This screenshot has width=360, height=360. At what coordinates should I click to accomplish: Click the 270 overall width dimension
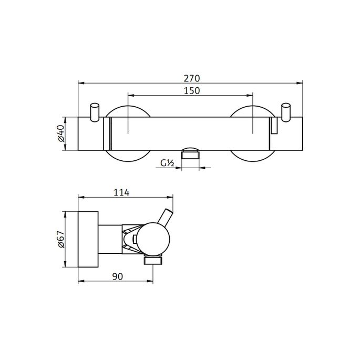pyautogui.click(x=191, y=78)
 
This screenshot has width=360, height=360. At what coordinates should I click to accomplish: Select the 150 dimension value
pyautogui.click(x=191, y=91)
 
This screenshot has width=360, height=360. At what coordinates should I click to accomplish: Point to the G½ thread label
pyautogui.click(x=167, y=164)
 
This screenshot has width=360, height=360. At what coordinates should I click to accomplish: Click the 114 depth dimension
pyautogui.click(x=121, y=193)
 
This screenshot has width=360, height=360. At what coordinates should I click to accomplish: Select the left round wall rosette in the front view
pyautogui.click(x=129, y=158)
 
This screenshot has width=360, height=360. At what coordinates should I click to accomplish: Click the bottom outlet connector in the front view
pyautogui.click(x=191, y=154)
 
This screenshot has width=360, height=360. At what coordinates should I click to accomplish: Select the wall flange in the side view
pyautogui.click(x=88, y=240)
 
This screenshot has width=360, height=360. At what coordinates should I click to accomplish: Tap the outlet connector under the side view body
pyautogui.click(x=153, y=260)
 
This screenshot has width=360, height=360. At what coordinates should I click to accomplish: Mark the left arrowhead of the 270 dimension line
pyautogui.click(x=80, y=83)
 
